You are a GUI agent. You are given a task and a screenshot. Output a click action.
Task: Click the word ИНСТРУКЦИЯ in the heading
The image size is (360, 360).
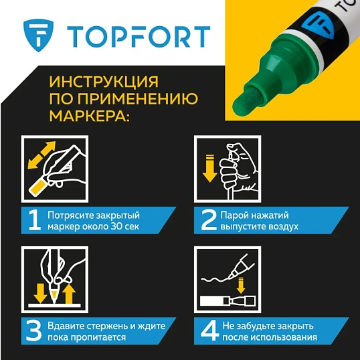click(104, 82)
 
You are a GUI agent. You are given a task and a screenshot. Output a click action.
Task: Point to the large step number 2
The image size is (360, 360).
click(207, 220)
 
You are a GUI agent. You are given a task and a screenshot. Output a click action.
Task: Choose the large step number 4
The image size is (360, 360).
click(207, 330)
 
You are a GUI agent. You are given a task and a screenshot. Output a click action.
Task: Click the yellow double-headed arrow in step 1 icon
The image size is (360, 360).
click(41, 155)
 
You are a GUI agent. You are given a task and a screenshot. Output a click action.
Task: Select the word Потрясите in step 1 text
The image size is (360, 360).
click(69, 214)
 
